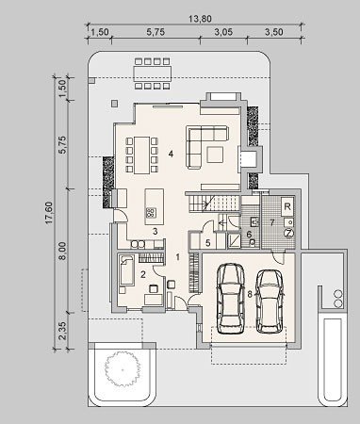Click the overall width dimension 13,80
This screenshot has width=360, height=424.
(200, 19)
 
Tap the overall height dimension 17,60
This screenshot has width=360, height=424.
(49, 213)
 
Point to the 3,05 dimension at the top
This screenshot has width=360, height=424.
(223, 32)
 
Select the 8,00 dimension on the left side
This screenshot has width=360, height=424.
(62, 251)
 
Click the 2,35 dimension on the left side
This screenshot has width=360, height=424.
(62, 331)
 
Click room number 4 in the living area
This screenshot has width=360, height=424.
(171, 154)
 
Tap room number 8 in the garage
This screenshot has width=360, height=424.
(250, 294)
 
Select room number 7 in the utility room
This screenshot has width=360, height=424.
(272, 222)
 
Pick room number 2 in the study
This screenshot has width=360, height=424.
(143, 275)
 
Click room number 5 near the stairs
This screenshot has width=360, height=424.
(207, 242)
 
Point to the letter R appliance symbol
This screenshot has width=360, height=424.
(287, 206)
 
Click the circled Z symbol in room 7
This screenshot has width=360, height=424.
(288, 233)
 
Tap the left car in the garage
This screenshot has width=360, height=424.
(231, 299)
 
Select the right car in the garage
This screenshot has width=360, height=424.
(270, 302)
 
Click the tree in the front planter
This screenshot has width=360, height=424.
(122, 368)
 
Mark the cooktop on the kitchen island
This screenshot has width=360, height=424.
(151, 213)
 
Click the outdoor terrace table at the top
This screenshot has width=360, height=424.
(153, 73)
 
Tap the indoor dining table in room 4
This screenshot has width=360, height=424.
(142, 155)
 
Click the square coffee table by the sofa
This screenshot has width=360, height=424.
(215, 155)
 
